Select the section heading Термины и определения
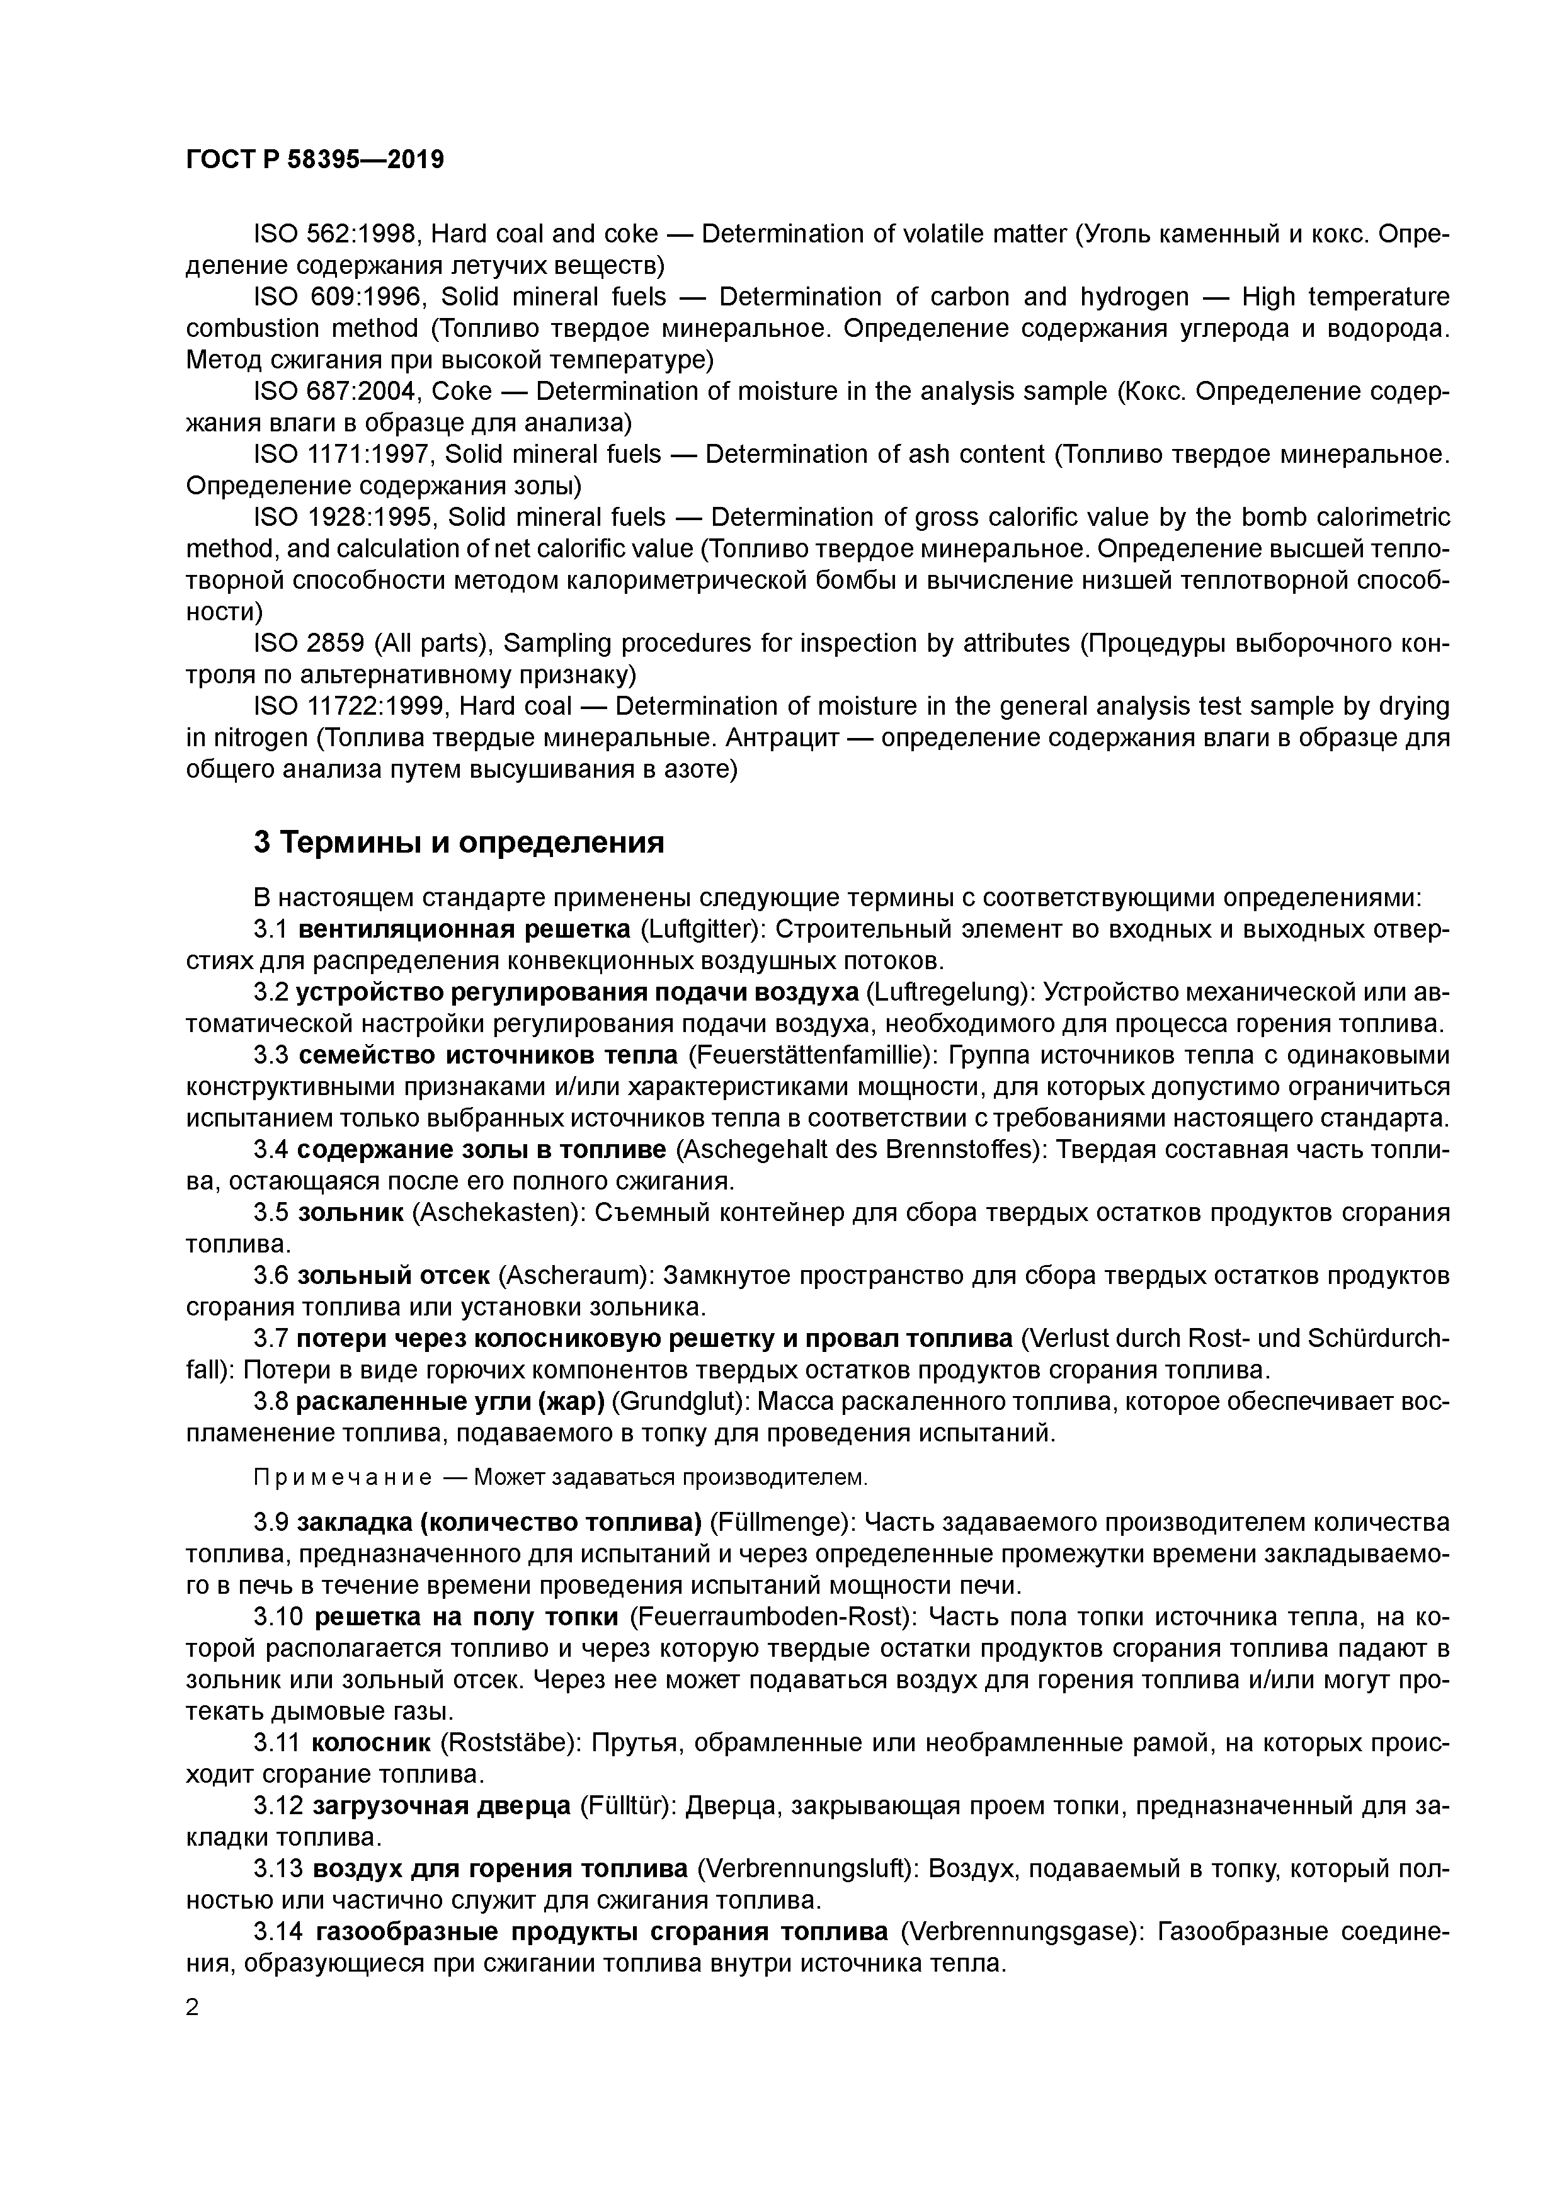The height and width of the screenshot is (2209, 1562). coord(472,842)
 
